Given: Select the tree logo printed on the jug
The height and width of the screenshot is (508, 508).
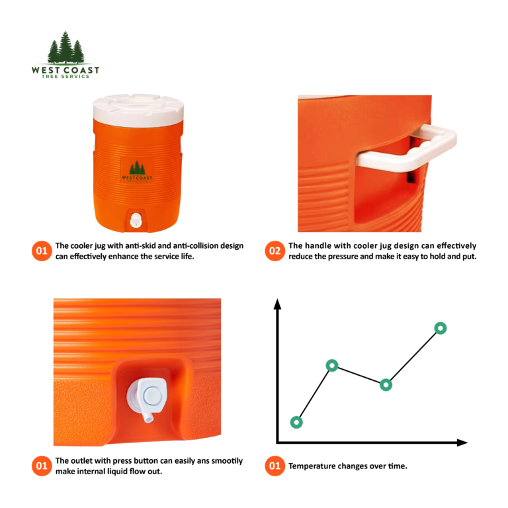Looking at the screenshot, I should point(137,170).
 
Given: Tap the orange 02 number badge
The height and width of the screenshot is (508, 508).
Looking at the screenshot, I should point(275,251).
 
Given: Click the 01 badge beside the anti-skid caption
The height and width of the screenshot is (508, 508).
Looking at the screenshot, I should point(41,251).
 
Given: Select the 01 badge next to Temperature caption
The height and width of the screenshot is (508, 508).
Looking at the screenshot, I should point(275,466).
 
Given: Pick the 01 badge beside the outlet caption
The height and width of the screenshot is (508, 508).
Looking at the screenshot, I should point(41,466).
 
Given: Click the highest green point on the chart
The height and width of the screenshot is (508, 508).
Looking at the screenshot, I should point(440,327).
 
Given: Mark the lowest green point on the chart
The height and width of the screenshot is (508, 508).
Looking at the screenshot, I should point(296,422).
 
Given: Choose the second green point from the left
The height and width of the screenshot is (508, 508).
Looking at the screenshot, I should point(332,365).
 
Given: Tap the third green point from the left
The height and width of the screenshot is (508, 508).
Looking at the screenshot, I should point(386,384).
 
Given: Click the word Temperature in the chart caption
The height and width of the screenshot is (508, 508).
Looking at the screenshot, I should point(314,466).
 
